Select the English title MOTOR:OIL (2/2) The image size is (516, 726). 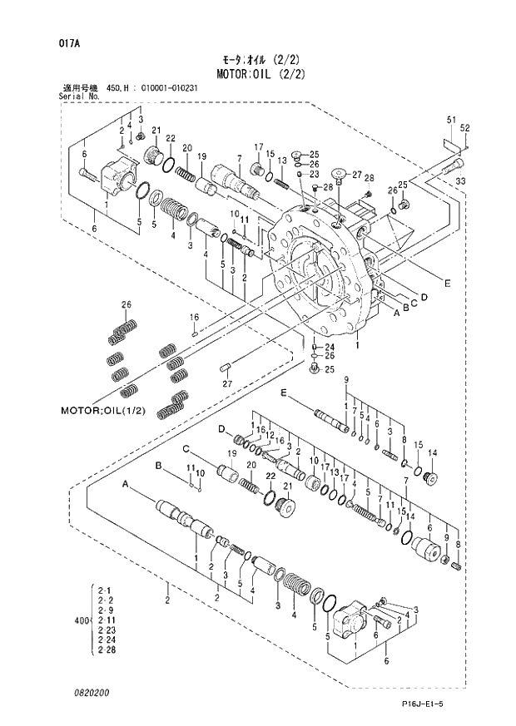pos(264,73)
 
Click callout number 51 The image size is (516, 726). pos(451,121)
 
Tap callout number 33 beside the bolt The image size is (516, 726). pos(460,180)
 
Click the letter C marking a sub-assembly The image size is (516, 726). pos(188,449)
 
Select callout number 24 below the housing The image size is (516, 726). pos(329,348)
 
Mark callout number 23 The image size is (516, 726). pos(315,175)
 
